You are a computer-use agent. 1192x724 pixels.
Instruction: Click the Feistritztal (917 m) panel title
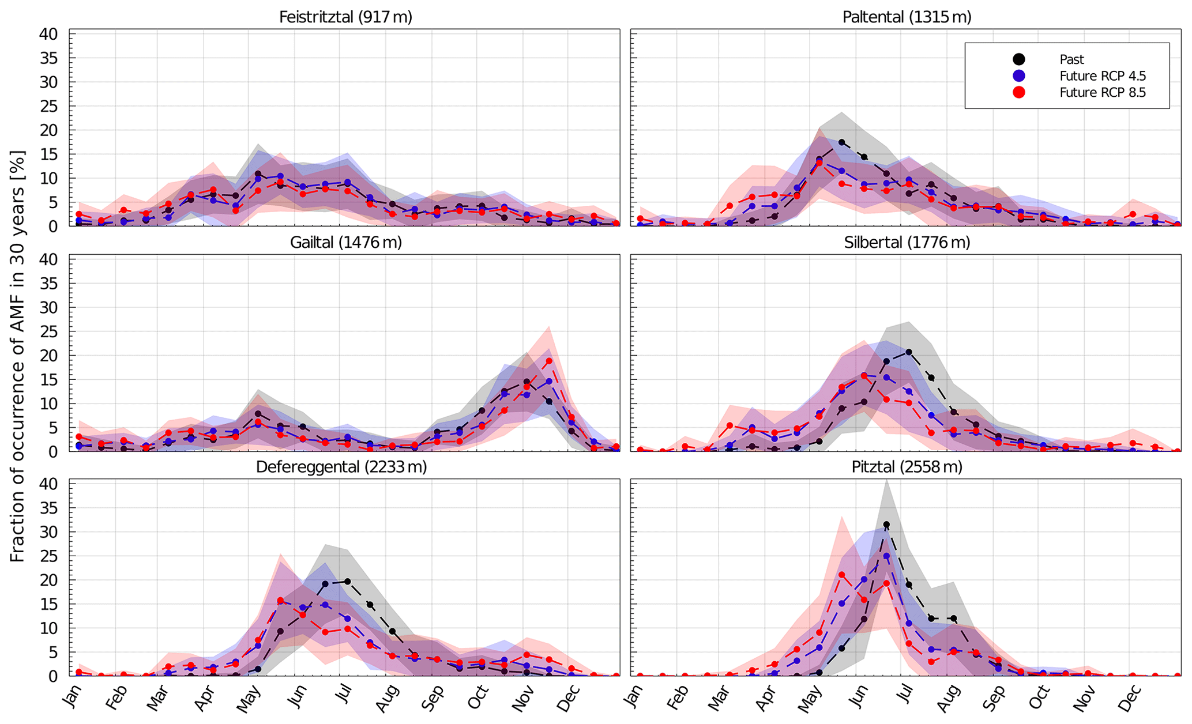coord(345,17)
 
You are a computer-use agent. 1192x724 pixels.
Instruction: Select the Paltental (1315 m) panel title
coord(907,17)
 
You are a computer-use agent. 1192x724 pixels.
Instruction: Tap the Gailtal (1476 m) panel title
coord(345,242)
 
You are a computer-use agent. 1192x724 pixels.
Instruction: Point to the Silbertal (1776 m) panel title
coord(907,242)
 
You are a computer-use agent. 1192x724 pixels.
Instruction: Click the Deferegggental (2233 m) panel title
coord(341,466)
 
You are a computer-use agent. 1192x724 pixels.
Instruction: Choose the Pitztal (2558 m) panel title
coord(907,466)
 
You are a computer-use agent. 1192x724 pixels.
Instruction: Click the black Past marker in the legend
coord(1019,59)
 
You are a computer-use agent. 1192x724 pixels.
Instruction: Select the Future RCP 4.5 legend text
coord(1103,76)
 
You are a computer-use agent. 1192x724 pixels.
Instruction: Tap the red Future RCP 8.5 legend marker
coord(1019,92)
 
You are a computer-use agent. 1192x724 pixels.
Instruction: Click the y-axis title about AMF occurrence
coord(17,355)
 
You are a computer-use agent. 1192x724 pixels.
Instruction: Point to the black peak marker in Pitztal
coord(886,525)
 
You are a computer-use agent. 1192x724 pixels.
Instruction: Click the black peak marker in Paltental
coord(841,142)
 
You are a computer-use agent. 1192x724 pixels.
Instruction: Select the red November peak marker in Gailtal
coord(549,361)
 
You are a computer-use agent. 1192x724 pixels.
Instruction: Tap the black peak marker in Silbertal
coord(909,352)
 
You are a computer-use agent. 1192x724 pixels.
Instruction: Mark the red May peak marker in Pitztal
coord(841,575)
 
